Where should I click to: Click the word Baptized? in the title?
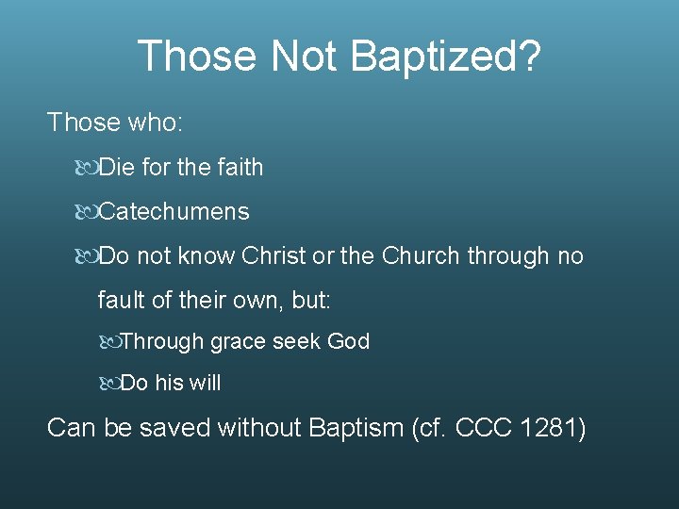click(445, 57)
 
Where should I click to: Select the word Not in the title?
click(304, 57)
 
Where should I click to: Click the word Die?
click(117, 168)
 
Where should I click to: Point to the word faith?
click(240, 168)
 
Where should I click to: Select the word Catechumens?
click(174, 211)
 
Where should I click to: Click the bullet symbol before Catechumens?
click(87, 211)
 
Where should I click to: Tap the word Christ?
click(278, 255)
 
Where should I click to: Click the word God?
click(348, 341)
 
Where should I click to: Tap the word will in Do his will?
click(204, 384)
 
